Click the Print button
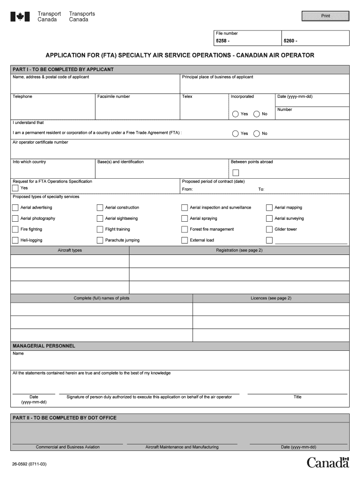click(x=325, y=16)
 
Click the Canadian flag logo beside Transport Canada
click(x=20, y=17)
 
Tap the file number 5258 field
click(x=247, y=41)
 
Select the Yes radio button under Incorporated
click(x=235, y=114)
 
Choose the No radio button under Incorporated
click(x=256, y=114)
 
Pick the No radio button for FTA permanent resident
click(x=256, y=133)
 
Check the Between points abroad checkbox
click(x=236, y=173)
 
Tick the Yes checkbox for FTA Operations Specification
click(x=15, y=188)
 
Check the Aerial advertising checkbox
click(x=15, y=208)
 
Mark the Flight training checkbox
click(x=100, y=229)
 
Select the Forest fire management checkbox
click(x=185, y=229)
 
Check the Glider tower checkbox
click(x=269, y=229)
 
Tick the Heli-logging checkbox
click(x=15, y=240)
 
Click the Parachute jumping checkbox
click(x=100, y=240)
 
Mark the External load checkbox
click(x=185, y=240)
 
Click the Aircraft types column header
click(x=70, y=250)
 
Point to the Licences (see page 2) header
click(x=271, y=298)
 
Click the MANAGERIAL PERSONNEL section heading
click(x=44, y=346)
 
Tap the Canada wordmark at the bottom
click(x=328, y=463)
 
